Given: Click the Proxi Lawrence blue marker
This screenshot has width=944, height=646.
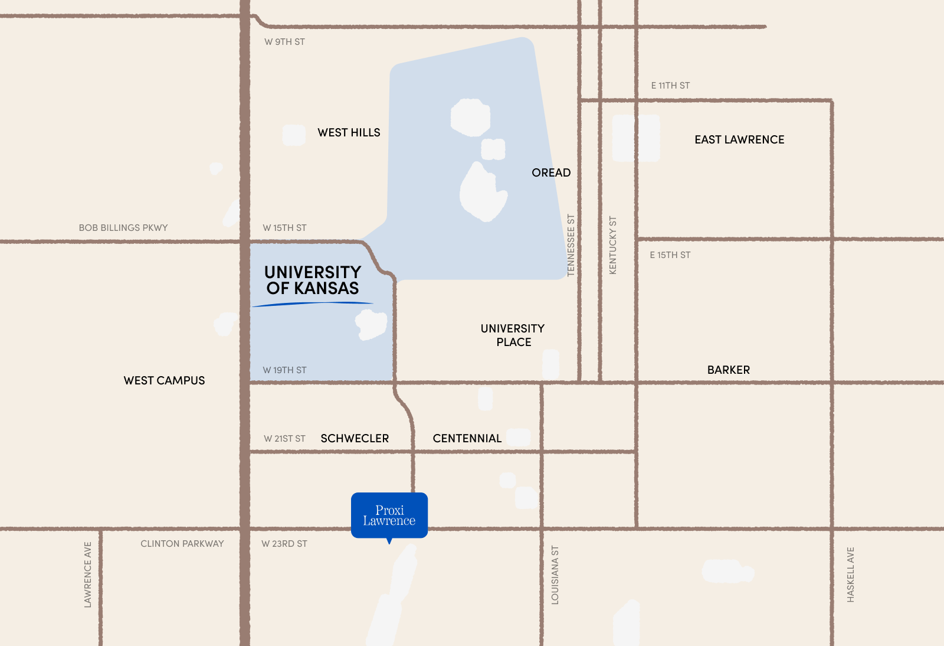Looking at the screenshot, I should [x=389, y=515].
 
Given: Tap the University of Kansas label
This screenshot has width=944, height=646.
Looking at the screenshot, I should [x=313, y=280].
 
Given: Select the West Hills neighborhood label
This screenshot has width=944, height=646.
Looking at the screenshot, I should [x=349, y=133].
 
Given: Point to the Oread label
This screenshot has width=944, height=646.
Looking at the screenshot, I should [x=551, y=173].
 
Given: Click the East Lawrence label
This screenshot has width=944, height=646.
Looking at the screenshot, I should [x=739, y=140].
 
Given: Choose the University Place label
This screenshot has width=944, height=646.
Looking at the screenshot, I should [x=513, y=335].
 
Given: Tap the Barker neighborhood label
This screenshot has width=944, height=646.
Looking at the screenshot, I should [x=729, y=370].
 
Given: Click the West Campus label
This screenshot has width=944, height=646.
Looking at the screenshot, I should [x=164, y=381].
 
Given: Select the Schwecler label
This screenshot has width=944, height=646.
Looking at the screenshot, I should [x=355, y=439].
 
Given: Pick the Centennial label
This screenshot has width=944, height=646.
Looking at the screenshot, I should [x=467, y=439].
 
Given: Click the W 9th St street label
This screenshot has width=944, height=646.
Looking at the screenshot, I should [x=284, y=42].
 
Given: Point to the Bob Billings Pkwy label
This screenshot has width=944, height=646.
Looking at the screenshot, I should [x=123, y=228].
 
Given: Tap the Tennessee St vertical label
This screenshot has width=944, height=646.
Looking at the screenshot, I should [x=571, y=245].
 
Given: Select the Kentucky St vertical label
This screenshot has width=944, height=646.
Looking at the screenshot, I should [x=612, y=245].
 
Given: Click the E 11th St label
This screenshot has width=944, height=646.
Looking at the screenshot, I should [x=670, y=86].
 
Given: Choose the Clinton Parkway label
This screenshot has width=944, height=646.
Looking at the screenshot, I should [x=182, y=544].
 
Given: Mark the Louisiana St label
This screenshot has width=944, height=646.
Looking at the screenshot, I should [x=555, y=575].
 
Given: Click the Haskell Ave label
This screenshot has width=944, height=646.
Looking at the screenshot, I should [x=850, y=575].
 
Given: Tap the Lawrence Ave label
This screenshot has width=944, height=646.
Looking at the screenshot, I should [x=88, y=575].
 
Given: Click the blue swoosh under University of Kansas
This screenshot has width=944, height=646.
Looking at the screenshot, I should [x=313, y=304].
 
